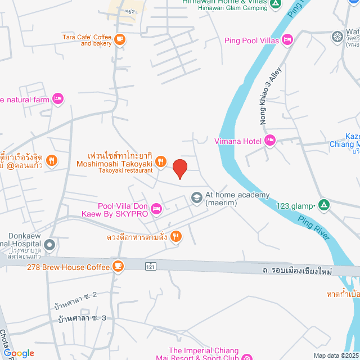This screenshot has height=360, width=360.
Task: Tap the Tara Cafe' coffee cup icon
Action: [119, 39]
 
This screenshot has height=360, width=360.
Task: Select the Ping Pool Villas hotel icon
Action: [287, 39]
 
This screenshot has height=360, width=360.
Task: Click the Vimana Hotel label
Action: [238, 141]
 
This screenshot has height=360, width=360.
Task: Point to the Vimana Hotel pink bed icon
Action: [269, 141]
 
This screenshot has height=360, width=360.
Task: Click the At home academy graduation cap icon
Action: [197, 197]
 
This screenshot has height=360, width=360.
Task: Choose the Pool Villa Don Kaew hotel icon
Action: [156, 209]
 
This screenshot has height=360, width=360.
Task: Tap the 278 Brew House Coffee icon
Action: [118, 266]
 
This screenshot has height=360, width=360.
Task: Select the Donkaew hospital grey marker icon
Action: [49, 244]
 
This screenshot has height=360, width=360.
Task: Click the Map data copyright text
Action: [336, 355]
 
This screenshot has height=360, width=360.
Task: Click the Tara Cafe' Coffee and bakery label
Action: [88, 40]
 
